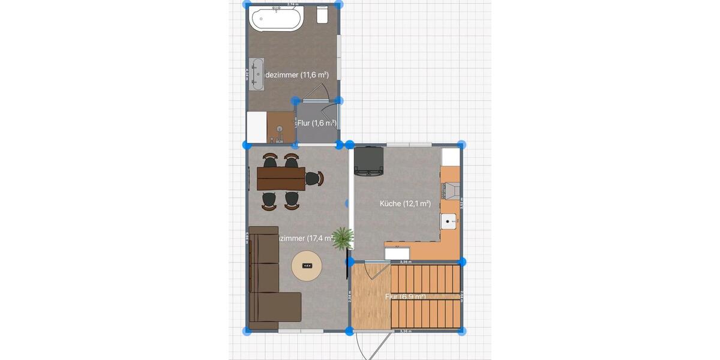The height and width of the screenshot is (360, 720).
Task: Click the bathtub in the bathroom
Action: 276,19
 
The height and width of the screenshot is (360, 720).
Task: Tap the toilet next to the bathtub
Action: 322,15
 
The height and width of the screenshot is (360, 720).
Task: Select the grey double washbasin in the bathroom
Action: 257,74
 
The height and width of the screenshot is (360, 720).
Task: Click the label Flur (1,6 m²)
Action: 316,123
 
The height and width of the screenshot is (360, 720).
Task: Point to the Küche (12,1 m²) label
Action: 405,203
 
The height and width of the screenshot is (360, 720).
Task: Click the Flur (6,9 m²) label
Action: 406,297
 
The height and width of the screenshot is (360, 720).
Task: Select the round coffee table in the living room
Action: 307,265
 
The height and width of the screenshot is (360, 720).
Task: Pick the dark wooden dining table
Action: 281,178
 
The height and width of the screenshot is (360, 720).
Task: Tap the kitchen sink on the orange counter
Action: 449,221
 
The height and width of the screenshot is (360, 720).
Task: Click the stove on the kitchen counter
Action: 451,191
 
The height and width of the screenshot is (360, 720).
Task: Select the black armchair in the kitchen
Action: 369,162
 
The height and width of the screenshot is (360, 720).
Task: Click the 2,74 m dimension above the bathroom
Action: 293,4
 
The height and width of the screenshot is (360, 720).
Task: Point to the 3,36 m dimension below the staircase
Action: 406,331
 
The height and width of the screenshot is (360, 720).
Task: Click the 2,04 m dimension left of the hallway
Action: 349,296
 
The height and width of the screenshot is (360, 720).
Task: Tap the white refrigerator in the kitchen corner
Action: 451,157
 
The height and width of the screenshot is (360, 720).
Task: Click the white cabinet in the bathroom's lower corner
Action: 256,127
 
